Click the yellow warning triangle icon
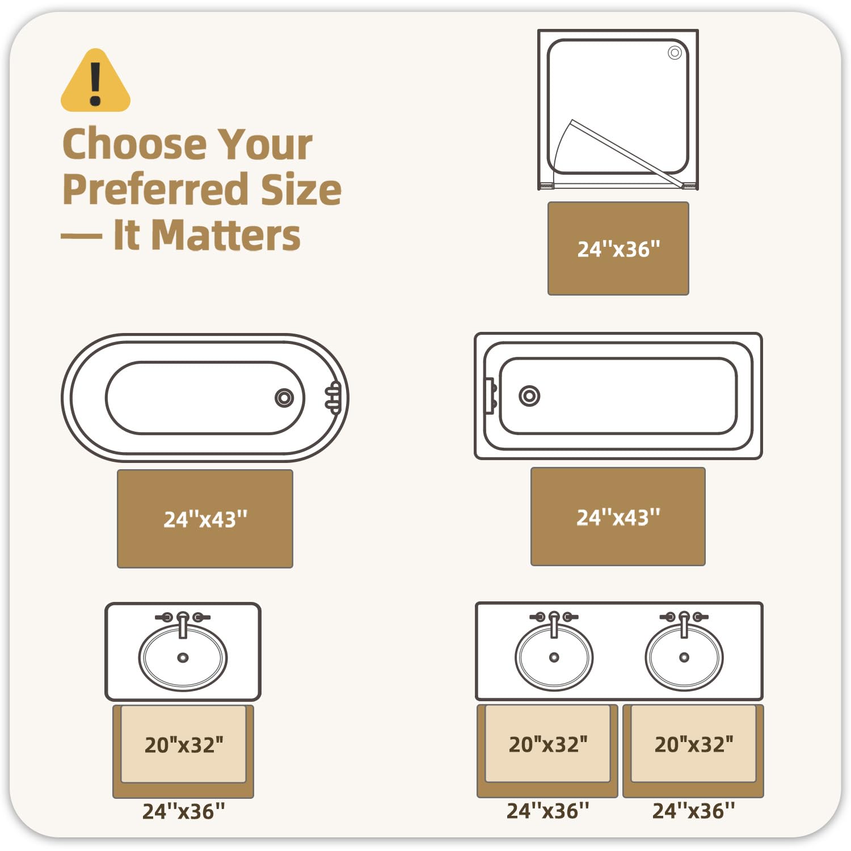click(x=95, y=81)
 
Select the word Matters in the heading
click(x=226, y=235)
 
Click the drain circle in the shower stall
click(x=675, y=53)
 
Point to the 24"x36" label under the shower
click(x=618, y=249)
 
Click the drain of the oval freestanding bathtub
click(x=284, y=398)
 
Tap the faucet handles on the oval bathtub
click(x=334, y=397)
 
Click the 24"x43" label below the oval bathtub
click(x=205, y=519)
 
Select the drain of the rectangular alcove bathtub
click(x=529, y=396)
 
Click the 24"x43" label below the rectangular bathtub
click(x=618, y=517)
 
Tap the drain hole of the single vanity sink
click(x=183, y=658)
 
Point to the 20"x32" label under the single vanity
click(x=184, y=744)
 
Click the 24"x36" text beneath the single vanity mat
click(x=183, y=811)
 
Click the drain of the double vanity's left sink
click(x=554, y=658)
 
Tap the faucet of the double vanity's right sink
click(x=684, y=623)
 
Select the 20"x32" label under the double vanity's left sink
click(x=548, y=744)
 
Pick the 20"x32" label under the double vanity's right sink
click(x=694, y=744)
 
